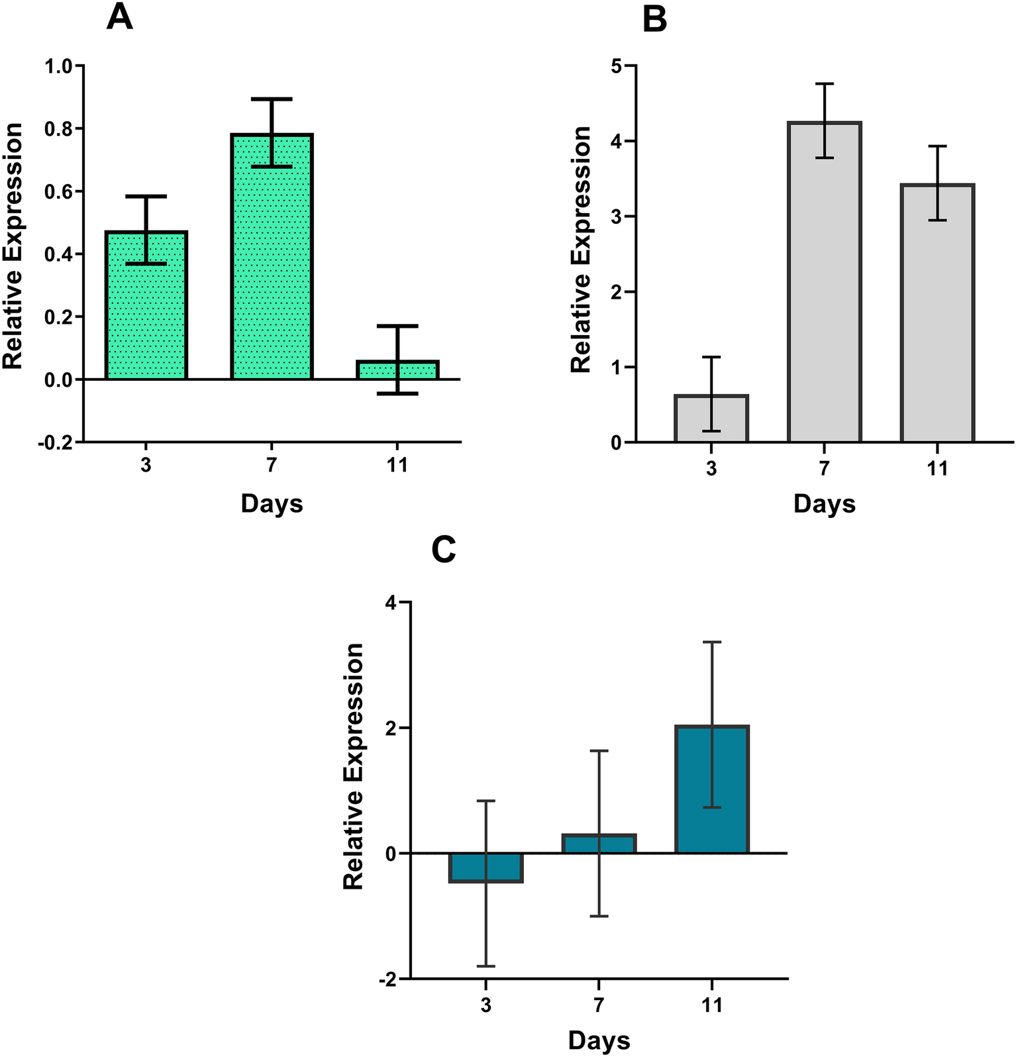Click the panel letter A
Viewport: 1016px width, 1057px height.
120,18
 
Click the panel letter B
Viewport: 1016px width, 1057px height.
654,20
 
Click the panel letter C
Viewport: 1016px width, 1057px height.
443,550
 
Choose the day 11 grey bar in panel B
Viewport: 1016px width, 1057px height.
937,318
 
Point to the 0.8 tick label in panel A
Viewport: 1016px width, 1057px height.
58,129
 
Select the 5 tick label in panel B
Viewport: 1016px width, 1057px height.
616,66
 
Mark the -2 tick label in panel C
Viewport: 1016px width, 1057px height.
387,980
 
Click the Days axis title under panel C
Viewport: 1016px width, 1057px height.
599,1040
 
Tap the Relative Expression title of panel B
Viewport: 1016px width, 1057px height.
581,250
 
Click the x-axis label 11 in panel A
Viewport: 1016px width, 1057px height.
397,466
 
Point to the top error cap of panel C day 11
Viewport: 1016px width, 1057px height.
712,642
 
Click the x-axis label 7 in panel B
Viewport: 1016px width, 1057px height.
824,469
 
